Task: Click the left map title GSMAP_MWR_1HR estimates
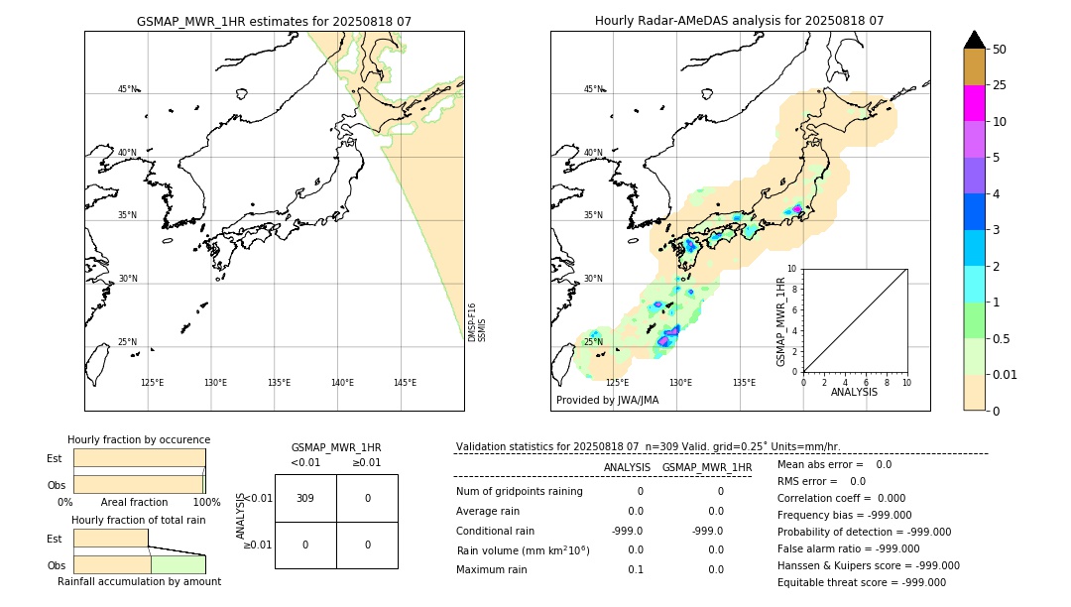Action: click(274, 21)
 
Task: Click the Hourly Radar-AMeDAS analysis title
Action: click(739, 21)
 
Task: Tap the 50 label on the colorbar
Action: click(1000, 50)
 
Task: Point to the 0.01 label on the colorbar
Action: click(1006, 374)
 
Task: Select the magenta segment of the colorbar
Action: click(974, 103)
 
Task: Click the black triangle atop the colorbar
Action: click(974, 40)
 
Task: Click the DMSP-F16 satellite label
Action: click(472, 322)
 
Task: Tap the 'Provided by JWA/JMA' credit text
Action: click(607, 400)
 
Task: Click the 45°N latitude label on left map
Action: click(127, 89)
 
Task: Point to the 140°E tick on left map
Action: click(342, 383)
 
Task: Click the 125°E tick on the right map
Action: click(617, 383)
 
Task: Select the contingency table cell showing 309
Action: click(305, 498)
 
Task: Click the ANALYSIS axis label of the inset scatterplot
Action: click(854, 392)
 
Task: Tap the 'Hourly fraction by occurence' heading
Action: click(139, 439)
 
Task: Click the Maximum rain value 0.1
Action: click(635, 569)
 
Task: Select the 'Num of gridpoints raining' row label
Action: click(519, 492)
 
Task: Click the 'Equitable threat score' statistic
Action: click(861, 583)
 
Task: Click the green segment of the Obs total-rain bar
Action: click(178, 564)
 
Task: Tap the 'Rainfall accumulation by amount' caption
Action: click(139, 581)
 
